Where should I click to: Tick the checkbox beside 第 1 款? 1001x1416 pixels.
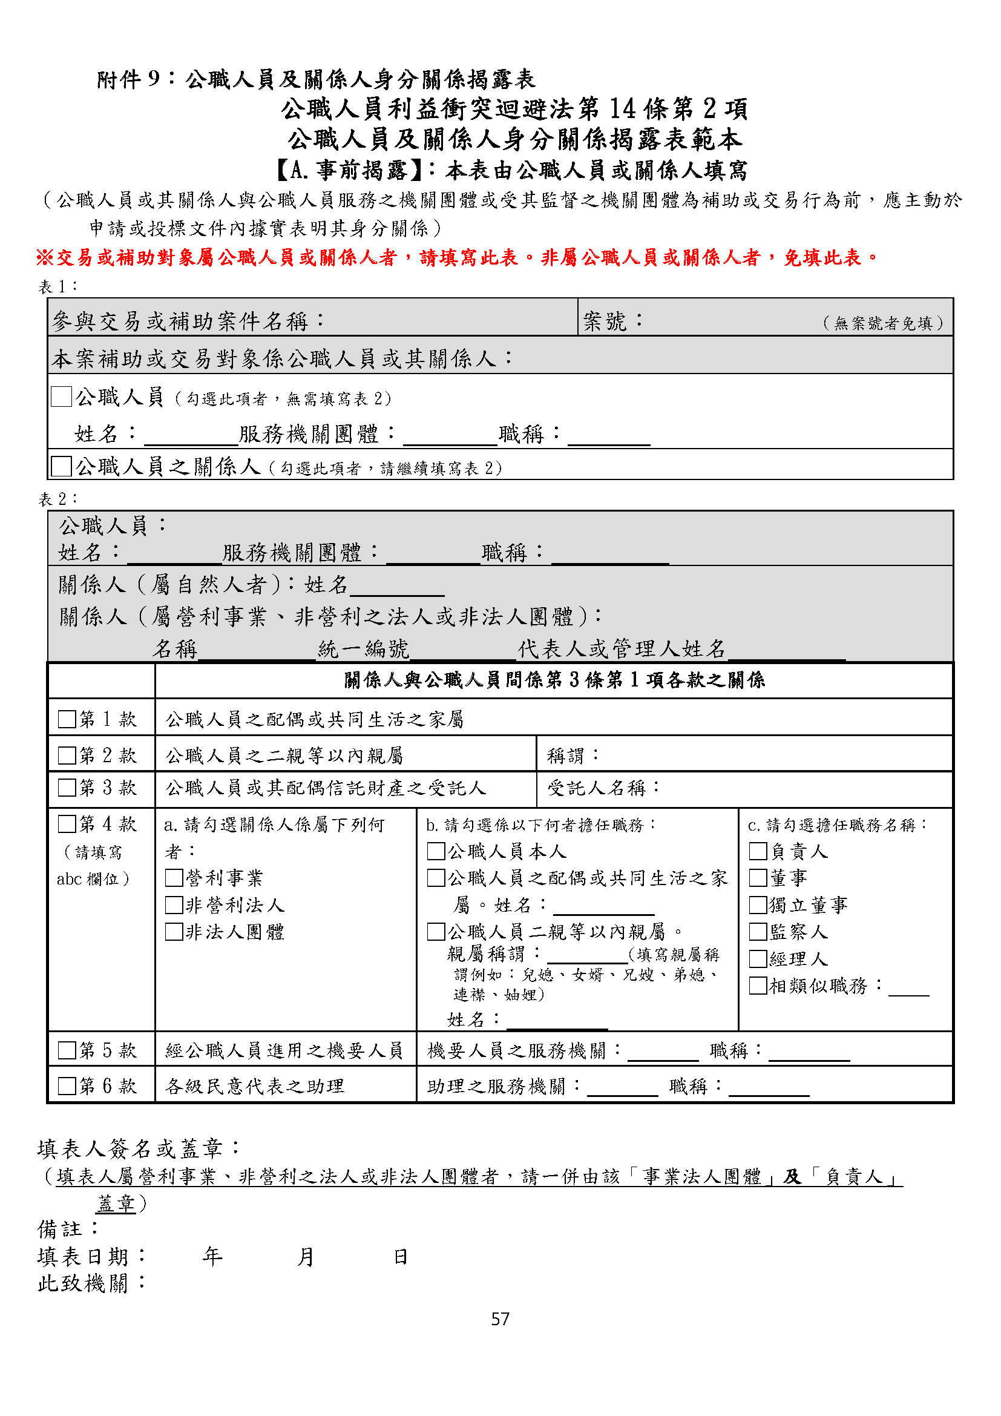click(67, 719)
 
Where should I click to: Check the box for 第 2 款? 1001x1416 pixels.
click(67, 755)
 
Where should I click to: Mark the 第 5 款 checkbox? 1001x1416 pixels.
click(67, 1050)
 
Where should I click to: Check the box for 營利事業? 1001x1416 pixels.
click(174, 878)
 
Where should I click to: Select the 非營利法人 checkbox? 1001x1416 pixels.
click(174, 904)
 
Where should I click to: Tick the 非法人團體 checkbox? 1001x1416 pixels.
click(174, 931)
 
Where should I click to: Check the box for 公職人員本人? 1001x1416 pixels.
click(436, 851)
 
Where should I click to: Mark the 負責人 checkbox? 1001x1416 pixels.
click(758, 851)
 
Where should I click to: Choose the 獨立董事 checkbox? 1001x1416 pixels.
click(758, 904)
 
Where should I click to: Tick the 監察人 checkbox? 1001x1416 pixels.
click(758, 931)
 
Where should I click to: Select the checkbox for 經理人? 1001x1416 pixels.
click(758, 958)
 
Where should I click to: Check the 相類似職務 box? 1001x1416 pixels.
click(758, 986)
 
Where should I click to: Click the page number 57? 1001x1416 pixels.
click(500, 1319)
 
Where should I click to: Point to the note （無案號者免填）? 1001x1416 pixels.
click(883, 323)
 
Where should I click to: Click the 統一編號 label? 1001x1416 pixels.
click(364, 649)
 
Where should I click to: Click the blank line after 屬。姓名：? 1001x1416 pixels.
click(603, 907)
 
